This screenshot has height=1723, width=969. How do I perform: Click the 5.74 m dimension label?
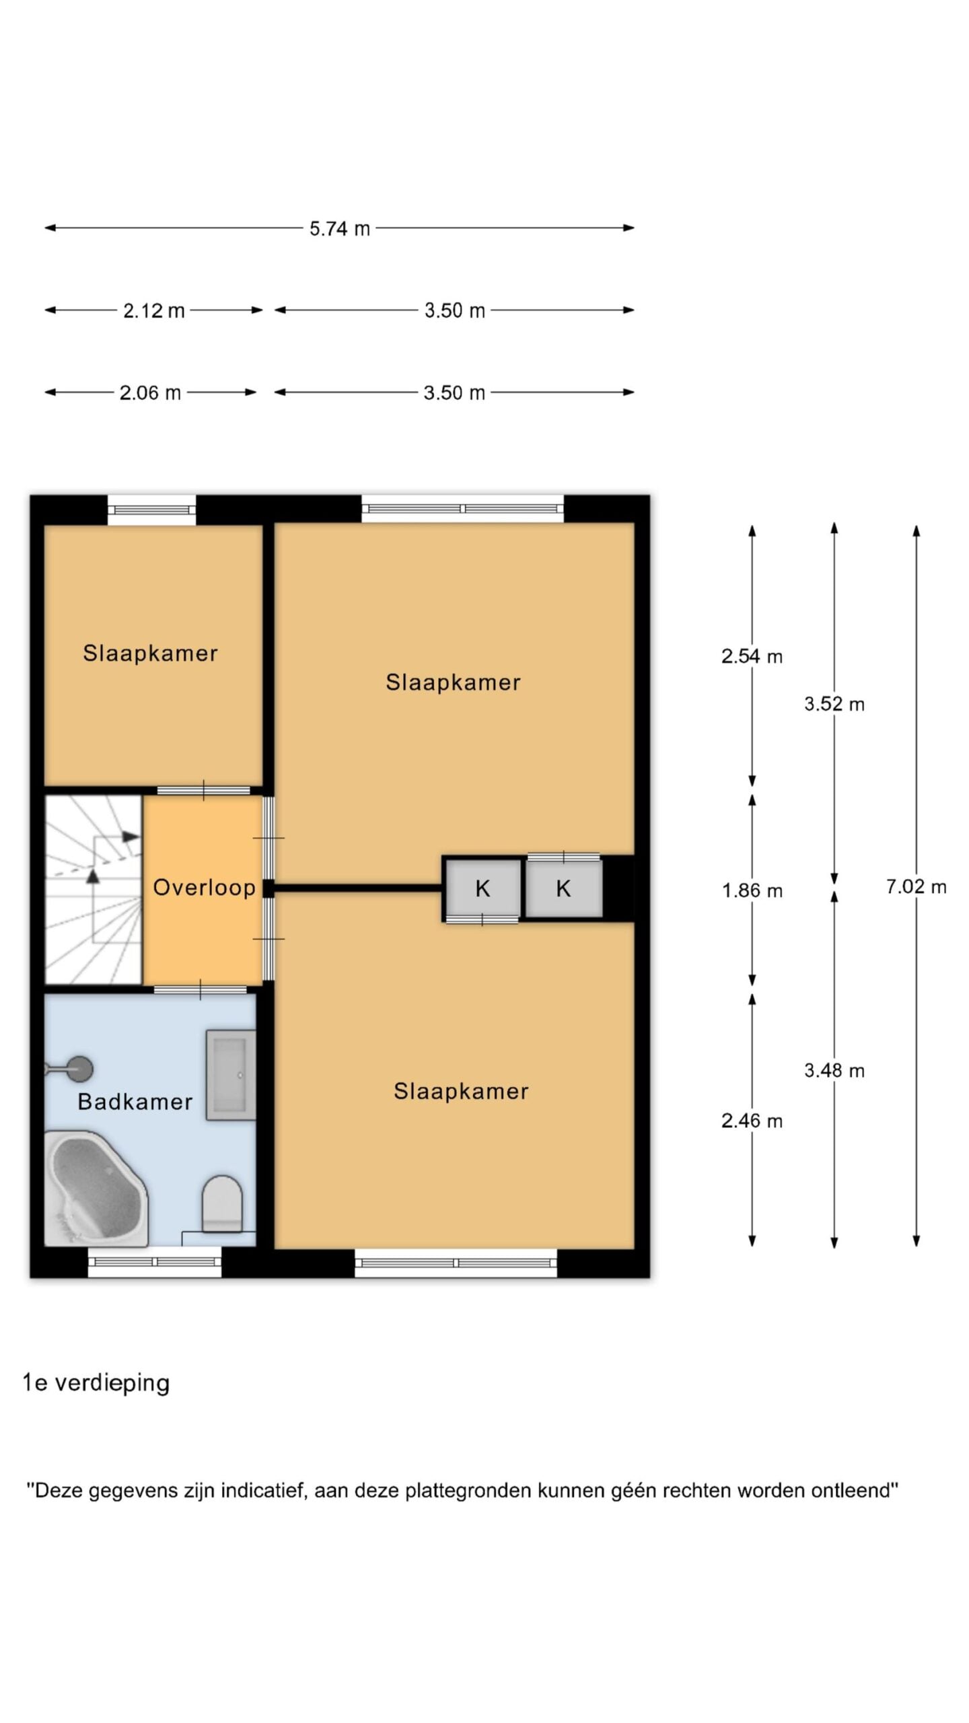[x=339, y=229]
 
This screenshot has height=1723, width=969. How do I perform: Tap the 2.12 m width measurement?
[x=153, y=311]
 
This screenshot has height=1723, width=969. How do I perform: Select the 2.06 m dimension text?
[x=150, y=393]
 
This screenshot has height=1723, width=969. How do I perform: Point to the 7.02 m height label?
[x=916, y=887]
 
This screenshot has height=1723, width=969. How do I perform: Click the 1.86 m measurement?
[x=752, y=891]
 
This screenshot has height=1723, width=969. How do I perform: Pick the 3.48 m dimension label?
[x=834, y=1071]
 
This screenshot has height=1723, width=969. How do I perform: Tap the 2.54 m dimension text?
[x=752, y=656]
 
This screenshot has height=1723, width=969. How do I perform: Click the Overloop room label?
[x=204, y=888]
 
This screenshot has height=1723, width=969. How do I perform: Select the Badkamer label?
[x=135, y=1102]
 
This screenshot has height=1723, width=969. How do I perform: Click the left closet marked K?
[x=483, y=888]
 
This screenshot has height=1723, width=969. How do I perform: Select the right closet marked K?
[x=564, y=888]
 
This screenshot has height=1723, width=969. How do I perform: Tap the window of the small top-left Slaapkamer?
[x=152, y=510]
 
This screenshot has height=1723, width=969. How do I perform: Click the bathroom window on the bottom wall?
[x=155, y=1263]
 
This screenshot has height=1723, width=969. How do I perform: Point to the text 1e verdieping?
[x=96, y=1383]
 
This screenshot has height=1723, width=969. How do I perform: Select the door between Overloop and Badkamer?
[x=201, y=989]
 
